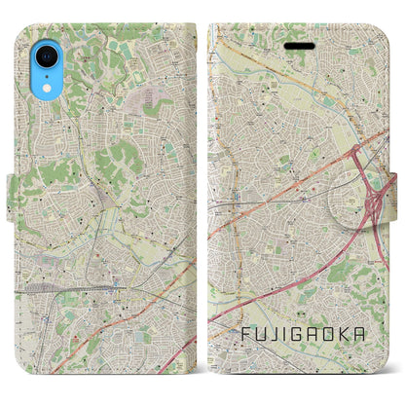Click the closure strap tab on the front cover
click(396, 203)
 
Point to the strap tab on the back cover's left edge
click(9, 203)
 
